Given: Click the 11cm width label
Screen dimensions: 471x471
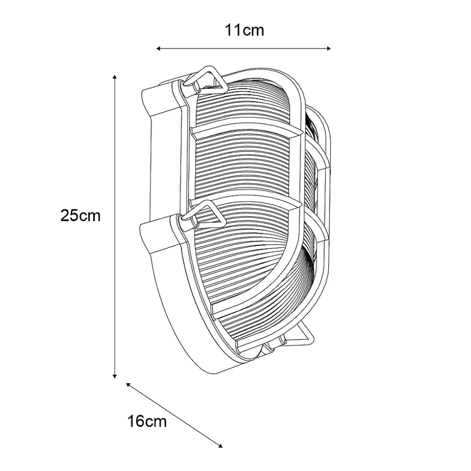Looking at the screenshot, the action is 245,30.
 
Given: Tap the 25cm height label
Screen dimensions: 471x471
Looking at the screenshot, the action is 81,215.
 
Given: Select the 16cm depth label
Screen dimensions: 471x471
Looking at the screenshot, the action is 147,421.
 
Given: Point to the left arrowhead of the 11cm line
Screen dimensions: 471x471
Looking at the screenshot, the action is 158,49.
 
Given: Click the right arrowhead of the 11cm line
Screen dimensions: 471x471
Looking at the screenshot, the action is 329,49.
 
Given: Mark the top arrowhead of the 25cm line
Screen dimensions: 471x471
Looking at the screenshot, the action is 115,77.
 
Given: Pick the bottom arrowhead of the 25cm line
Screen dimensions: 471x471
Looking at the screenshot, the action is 115,376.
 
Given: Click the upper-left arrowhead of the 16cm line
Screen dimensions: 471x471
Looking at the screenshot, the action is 128,385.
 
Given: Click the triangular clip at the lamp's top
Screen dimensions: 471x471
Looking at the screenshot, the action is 205,79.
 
